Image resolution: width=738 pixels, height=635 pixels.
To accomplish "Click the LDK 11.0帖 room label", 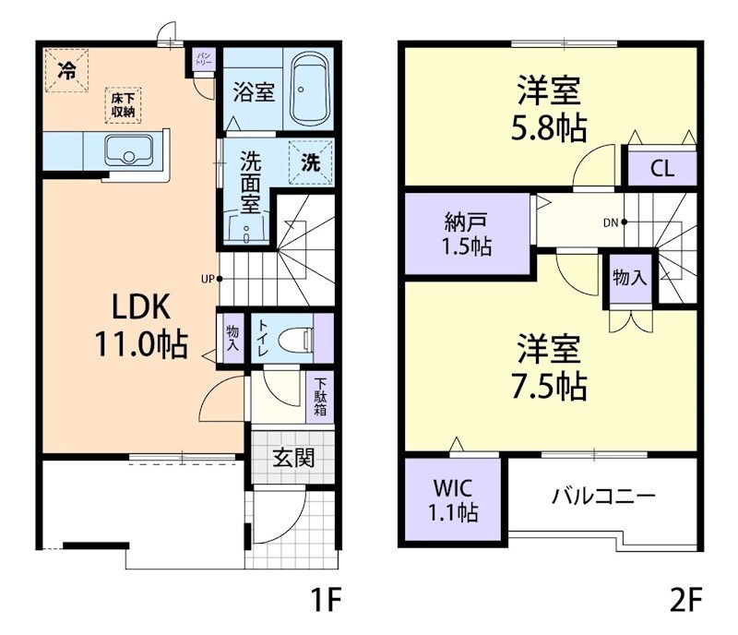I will pyautogui.click(x=140, y=325).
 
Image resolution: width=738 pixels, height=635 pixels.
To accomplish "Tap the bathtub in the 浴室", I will pyautogui.click(x=310, y=89).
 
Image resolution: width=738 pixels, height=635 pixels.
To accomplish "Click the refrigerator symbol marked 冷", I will pyautogui.click(x=67, y=69).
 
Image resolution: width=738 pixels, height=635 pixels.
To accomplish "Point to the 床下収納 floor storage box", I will pyautogui.click(x=123, y=104).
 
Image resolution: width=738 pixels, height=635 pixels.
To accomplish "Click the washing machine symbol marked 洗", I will pyautogui.click(x=311, y=162).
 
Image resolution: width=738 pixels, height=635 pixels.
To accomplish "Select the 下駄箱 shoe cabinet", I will pyautogui.click(x=320, y=396).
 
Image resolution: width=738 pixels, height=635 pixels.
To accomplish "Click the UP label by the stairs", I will pyautogui.click(x=209, y=277).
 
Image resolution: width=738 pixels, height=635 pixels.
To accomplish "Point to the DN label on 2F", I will pyautogui.click(x=611, y=222).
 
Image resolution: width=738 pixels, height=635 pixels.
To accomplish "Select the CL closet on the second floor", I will pyautogui.click(x=661, y=169).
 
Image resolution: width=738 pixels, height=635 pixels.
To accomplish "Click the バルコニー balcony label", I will pyautogui.click(x=603, y=497).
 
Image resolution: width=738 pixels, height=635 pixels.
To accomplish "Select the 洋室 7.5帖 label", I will pyautogui.click(x=550, y=368).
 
